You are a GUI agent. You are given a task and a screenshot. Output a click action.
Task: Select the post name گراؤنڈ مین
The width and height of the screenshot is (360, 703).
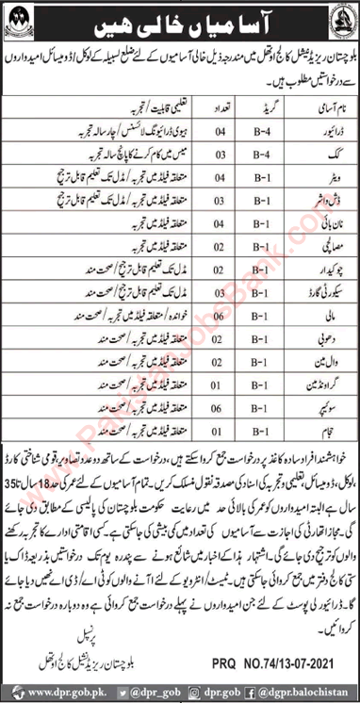tap(297, 438)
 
